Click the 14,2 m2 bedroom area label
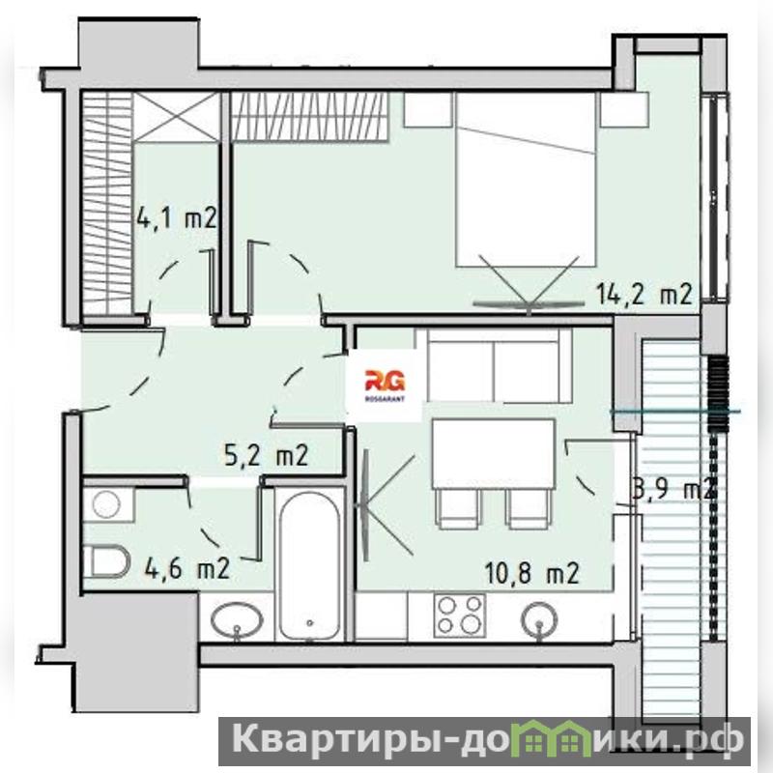(x=644, y=294)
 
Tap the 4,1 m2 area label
(x=177, y=218)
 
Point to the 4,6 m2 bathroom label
(x=187, y=568)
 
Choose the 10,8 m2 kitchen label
(x=532, y=573)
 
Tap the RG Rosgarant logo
(x=385, y=385)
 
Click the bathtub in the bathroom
(x=309, y=565)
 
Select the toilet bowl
(x=106, y=561)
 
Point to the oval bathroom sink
(x=237, y=620)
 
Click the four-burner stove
(x=460, y=615)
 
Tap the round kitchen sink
(x=540, y=618)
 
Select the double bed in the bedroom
(x=526, y=180)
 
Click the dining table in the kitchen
(x=494, y=453)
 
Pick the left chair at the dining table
(x=458, y=509)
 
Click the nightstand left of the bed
(x=428, y=109)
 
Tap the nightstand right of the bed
(x=624, y=109)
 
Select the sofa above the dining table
(x=494, y=365)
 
